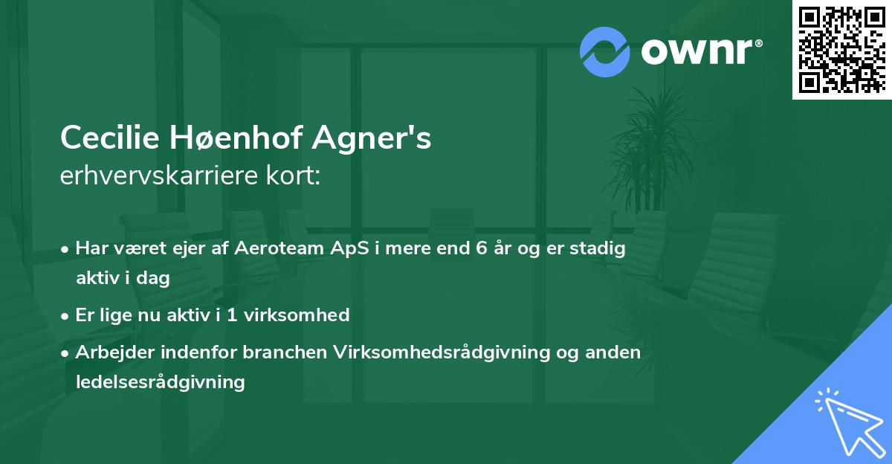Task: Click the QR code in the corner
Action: pos(842,49)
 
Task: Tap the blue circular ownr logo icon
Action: pos(605,52)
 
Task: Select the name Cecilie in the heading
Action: pos(111,138)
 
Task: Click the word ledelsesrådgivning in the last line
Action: pos(160,382)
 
